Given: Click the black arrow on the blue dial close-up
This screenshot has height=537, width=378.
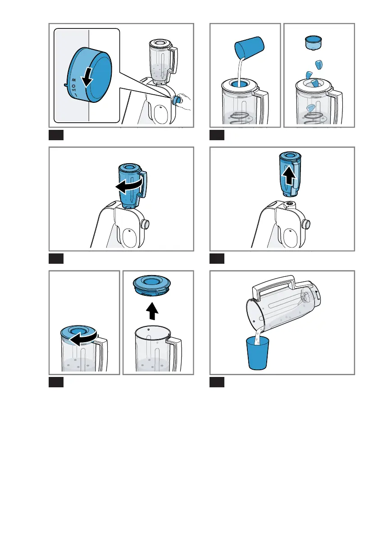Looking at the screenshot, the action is coord(87,79).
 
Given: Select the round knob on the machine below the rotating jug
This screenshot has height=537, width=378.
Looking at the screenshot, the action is coord(146,224).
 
